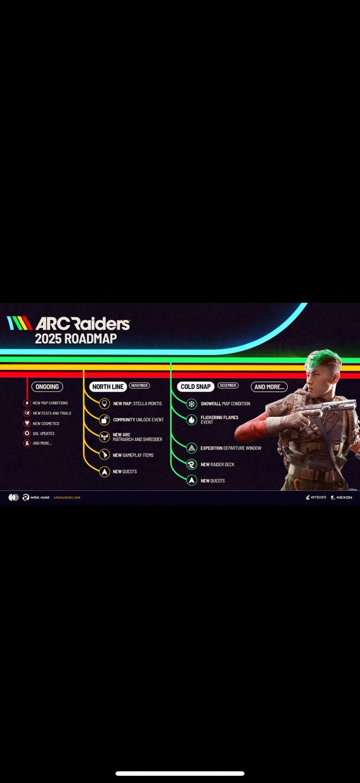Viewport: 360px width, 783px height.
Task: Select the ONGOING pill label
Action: pos(48,386)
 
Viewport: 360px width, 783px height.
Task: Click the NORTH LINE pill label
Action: pos(108,386)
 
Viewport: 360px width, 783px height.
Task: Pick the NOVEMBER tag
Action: pos(139,386)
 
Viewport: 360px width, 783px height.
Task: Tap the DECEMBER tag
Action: pos(228,386)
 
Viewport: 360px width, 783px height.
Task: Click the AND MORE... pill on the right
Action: pos(269,386)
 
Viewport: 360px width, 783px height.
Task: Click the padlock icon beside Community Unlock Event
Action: pos(104,420)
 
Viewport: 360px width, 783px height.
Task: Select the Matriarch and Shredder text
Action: pos(138,440)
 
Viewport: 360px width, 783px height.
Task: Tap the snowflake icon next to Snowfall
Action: pos(192,404)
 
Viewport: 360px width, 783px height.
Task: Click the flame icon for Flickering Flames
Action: pos(192,420)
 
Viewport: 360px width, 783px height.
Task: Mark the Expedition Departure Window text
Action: pos(231,448)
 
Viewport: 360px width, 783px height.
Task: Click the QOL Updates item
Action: pos(44,433)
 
